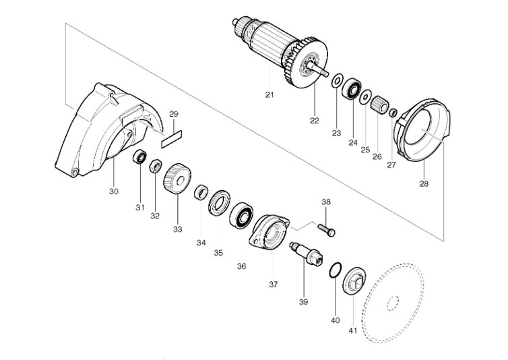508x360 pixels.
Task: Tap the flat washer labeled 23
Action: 336,80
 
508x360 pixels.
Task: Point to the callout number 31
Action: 139,207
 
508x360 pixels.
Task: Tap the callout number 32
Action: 155,216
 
